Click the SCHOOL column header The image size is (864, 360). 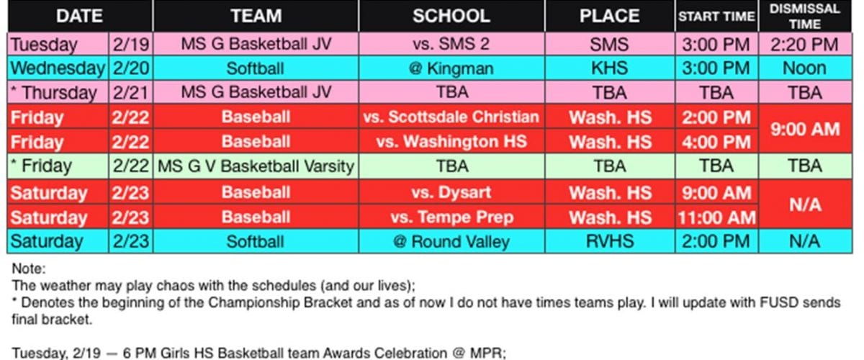(x=451, y=16)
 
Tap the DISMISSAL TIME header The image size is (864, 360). (x=805, y=16)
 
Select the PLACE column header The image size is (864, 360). (x=609, y=16)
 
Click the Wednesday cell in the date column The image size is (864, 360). (x=58, y=68)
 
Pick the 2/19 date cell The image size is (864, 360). (x=131, y=44)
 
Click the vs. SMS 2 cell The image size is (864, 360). (x=451, y=44)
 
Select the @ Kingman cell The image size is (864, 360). (x=451, y=68)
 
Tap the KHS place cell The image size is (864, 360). (x=609, y=68)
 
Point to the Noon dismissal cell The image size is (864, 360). (x=805, y=68)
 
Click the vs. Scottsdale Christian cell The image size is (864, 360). (x=451, y=117)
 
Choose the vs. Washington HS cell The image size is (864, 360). (x=451, y=141)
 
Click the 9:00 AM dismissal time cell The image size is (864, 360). (x=805, y=129)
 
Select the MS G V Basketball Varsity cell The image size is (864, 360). (x=256, y=166)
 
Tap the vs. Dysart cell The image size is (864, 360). (x=451, y=192)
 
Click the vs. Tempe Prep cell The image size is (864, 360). (x=451, y=217)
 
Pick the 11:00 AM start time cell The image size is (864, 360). (x=716, y=217)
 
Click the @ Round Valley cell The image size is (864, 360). (x=451, y=241)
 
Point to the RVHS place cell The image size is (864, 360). (x=609, y=241)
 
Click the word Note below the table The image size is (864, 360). (x=27, y=268)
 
